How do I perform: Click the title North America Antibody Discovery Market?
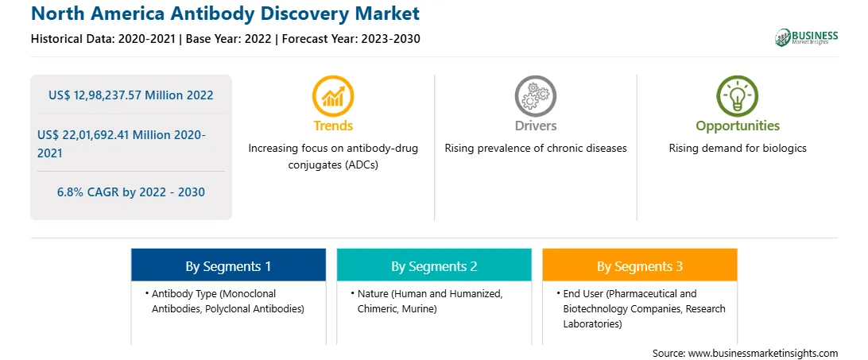[x=225, y=14]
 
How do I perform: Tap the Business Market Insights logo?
[x=806, y=37]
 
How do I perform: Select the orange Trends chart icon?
[x=333, y=96]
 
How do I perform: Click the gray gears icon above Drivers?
[x=535, y=96]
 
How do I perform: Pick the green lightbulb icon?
[x=738, y=96]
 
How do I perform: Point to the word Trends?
[x=333, y=126]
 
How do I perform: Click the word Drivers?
[x=536, y=126]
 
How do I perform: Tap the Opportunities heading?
[x=738, y=126]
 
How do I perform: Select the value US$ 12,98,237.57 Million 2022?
[x=130, y=95]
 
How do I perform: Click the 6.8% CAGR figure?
[x=130, y=192]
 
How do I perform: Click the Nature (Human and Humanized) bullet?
[x=429, y=301]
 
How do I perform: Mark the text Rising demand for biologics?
[x=738, y=149]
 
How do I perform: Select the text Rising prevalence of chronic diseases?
[x=535, y=149]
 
